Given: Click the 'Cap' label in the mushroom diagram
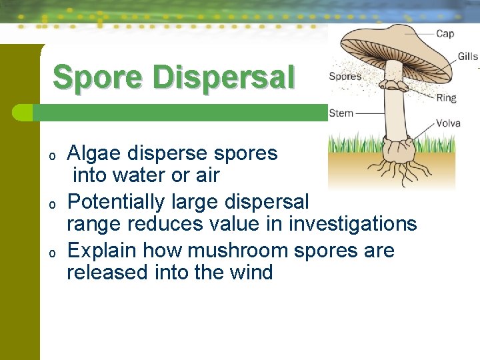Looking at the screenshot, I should [x=445, y=33].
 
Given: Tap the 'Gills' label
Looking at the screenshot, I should [x=467, y=57].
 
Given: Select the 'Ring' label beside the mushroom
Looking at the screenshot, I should [x=446, y=98].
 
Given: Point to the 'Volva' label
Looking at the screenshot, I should [x=448, y=123].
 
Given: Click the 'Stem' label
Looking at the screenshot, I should [x=341, y=113].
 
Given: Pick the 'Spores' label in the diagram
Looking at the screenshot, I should [x=345, y=76].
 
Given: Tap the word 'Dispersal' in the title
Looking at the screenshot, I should [x=223, y=77].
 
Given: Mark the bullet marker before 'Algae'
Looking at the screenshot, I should [x=52, y=156].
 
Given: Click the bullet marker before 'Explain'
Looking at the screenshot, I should [x=52, y=253].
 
